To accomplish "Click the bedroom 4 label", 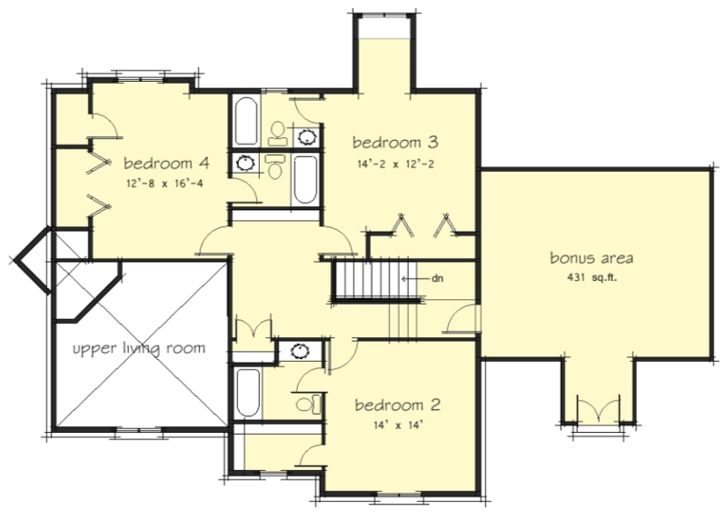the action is (166, 164).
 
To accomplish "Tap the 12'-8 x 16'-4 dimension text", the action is (164, 184).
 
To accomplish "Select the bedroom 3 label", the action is (395, 142).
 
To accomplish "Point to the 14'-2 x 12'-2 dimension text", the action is (395, 164).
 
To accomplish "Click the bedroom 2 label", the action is (398, 405).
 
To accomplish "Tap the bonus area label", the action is (592, 258).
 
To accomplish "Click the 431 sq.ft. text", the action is (593, 278).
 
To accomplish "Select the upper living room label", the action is (139, 348).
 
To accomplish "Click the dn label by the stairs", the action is (437, 278).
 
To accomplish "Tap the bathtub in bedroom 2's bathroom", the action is (248, 393).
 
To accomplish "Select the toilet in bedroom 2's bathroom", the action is (309, 405).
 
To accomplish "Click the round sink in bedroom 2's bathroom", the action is (301, 352).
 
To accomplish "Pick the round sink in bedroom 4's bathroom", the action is (245, 163).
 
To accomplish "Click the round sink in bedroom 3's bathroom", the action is (306, 137).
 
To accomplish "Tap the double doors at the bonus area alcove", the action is (599, 409).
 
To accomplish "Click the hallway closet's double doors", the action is (254, 326).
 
